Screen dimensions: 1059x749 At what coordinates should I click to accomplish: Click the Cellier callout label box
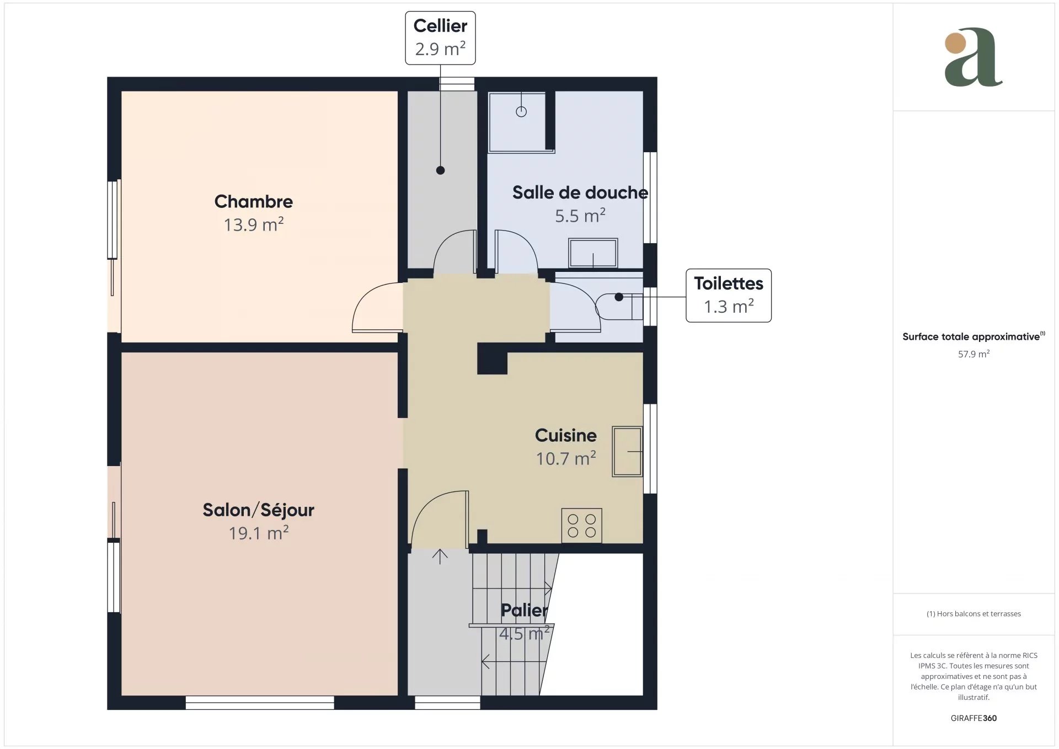(440, 38)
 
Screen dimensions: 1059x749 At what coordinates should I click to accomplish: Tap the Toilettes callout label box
(728, 296)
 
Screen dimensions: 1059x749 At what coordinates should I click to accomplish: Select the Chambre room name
(254, 202)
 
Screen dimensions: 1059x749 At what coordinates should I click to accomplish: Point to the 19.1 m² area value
(259, 533)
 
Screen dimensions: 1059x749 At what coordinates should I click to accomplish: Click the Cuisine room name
(566, 435)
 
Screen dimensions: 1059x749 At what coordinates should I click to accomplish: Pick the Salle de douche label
(580, 192)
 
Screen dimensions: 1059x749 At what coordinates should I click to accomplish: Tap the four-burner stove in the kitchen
(581, 525)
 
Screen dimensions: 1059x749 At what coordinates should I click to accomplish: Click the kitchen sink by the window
(627, 451)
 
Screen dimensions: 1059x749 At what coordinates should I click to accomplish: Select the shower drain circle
(521, 112)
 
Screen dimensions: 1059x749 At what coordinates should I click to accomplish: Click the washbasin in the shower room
(593, 253)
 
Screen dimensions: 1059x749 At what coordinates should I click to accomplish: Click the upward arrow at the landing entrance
(440, 557)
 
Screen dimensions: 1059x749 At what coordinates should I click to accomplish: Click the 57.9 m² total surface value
(974, 354)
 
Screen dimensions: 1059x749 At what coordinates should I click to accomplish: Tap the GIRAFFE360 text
(974, 718)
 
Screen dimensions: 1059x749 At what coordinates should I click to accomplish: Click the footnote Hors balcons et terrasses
(974, 614)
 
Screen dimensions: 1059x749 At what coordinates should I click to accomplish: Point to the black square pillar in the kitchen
(492, 359)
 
